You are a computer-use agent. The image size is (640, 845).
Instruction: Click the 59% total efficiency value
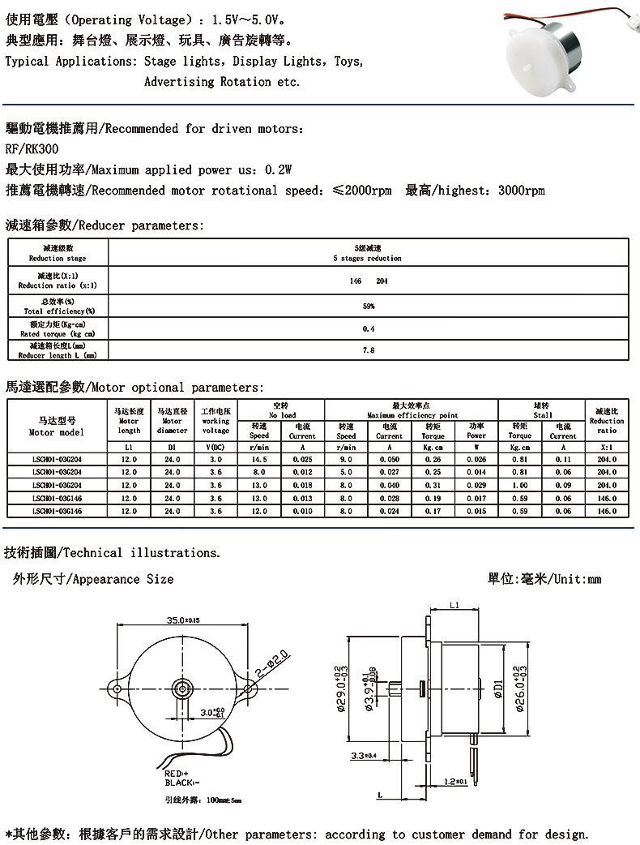tap(368, 307)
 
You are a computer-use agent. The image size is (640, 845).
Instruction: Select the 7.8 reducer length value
tap(368, 350)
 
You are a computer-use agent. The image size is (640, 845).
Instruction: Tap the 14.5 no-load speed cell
tap(259, 459)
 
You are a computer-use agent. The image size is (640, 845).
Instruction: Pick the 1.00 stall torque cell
tap(520, 485)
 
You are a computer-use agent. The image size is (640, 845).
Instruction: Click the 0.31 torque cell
tap(433, 485)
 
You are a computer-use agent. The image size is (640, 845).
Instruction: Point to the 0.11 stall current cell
tap(563, 459)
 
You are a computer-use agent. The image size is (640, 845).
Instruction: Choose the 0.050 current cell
tap(389, 459)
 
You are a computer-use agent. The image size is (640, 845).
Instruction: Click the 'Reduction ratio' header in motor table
tap(607, 421)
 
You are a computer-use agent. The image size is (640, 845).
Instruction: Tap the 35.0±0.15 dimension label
tap(183, 620)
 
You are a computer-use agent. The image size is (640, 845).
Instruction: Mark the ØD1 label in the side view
tap(497, 690)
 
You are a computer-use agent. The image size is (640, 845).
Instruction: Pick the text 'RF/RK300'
tap(32, 149)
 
